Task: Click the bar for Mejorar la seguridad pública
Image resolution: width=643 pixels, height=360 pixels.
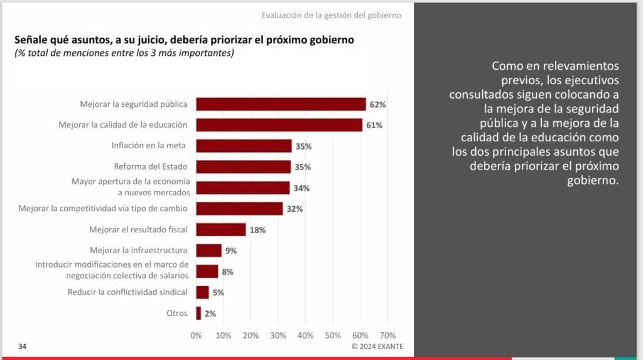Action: (281, 104)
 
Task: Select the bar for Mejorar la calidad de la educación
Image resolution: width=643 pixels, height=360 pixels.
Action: (279, 125)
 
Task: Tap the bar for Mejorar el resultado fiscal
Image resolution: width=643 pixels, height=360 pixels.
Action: (221, 229)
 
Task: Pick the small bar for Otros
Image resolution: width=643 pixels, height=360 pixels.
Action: (198, 314)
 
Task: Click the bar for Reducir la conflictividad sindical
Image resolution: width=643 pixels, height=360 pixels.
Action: (203, 292)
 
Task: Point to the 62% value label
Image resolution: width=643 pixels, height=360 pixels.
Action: (377, 105)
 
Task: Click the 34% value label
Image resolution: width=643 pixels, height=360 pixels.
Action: (301, 188)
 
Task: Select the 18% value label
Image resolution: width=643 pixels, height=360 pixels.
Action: (257, 231)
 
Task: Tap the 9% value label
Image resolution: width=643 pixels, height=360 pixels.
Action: (231, 251)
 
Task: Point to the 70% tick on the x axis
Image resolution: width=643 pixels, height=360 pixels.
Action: (387, 335)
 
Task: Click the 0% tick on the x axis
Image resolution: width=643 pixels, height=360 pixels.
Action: (196, 335)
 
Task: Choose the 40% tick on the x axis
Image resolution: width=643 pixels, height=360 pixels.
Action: (305, 335)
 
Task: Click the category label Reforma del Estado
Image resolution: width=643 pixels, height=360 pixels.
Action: (151, 166)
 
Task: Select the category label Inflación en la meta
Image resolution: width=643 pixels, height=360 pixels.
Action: (148, 146)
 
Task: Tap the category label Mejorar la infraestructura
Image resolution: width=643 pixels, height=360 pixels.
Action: (139, 251)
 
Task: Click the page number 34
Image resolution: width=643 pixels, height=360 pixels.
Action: (22, 346)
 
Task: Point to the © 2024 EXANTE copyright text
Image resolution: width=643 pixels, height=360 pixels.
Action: (377, 346)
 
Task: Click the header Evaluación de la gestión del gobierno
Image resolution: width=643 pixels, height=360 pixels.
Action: (332, 16)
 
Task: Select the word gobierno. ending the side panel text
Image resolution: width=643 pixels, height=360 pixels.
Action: (593, 180)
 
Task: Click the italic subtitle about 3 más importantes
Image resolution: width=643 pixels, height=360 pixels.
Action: (124, 53)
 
